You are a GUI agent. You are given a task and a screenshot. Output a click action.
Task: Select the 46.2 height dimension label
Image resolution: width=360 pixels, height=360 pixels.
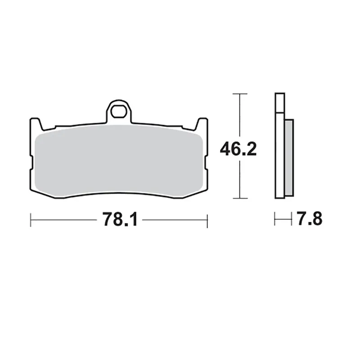point(238,148)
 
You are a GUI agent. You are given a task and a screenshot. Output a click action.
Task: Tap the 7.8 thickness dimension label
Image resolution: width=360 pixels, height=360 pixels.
point(309,220)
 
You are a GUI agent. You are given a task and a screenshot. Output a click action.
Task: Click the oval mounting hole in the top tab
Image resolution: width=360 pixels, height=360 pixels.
point(119,111)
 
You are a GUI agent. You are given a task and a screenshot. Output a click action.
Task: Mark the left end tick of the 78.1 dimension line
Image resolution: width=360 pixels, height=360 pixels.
point(30,220)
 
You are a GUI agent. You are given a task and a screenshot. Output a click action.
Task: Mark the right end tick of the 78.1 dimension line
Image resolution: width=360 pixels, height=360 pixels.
point(207,220)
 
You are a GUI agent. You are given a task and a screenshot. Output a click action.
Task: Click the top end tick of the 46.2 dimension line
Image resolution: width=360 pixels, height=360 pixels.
point(240,94)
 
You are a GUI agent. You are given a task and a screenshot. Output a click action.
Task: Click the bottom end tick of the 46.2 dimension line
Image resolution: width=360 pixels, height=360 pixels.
point(240,198)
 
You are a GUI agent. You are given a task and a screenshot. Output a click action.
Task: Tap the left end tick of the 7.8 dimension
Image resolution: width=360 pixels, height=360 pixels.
point(275,220)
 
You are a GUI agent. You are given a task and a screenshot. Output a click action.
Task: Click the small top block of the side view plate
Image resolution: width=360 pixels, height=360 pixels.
point(279,103)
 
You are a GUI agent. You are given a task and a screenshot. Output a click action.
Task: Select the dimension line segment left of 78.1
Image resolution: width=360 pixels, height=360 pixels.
point(63,220)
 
